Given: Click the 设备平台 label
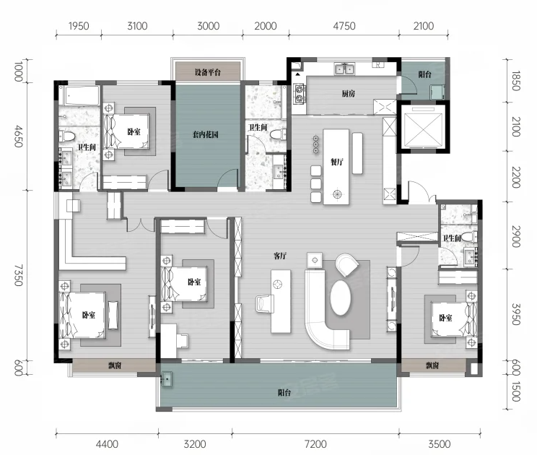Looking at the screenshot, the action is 208,72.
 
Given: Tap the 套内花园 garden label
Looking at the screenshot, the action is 205,134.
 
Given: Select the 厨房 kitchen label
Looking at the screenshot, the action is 349,93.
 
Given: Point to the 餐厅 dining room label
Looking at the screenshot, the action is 336,162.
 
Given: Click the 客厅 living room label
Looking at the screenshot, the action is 280,256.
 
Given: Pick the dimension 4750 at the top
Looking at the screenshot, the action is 344,26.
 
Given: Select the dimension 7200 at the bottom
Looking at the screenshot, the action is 315,444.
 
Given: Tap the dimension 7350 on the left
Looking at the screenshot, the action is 18,275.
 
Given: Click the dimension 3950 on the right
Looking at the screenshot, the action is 516,314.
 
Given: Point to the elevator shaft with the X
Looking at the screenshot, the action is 423,127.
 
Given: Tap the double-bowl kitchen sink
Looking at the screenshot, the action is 344,69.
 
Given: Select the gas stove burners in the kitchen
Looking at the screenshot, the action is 300,94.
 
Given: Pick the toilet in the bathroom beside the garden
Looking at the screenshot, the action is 278,134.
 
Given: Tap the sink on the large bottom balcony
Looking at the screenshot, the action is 167,379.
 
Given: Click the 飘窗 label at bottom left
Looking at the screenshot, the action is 115,365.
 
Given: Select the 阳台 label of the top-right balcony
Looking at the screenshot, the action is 424,74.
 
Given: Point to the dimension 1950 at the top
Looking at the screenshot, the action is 79,26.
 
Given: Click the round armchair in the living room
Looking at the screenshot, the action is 347,264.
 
